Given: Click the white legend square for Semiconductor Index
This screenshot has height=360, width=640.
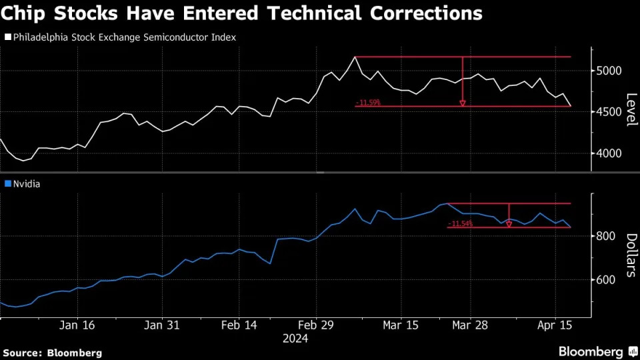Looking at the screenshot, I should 7,38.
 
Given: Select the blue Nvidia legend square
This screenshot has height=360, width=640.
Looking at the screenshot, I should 7,183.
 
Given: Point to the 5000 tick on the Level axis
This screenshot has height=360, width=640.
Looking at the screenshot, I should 609,71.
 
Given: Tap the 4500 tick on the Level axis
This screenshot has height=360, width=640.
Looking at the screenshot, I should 609,112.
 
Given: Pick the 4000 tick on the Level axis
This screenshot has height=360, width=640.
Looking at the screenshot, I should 609,153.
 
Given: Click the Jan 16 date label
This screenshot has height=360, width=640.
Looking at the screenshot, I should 77,325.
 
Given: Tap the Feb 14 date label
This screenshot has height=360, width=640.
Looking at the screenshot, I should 239,325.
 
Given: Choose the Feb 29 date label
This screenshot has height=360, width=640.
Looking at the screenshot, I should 316,325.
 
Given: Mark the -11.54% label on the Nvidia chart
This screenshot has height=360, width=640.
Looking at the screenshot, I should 461,224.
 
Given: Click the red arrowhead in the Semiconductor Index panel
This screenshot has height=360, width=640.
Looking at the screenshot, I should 462,103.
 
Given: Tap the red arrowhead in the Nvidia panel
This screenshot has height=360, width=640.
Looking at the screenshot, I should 509,225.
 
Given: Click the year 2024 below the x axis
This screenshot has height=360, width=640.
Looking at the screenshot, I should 295,339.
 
